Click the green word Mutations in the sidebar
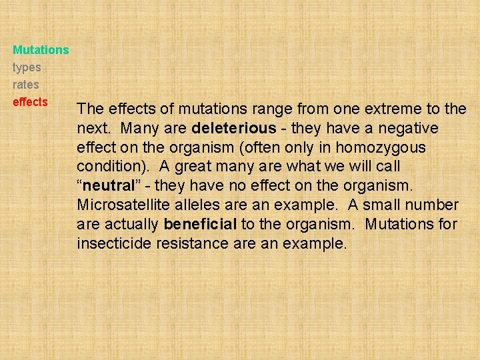click(41, 50)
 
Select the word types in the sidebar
click(27, 67)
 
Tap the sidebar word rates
click(26, 85)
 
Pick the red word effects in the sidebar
click(30, 102)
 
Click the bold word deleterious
click(233, 127)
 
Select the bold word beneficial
click(200, 224)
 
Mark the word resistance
click(193, 243)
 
